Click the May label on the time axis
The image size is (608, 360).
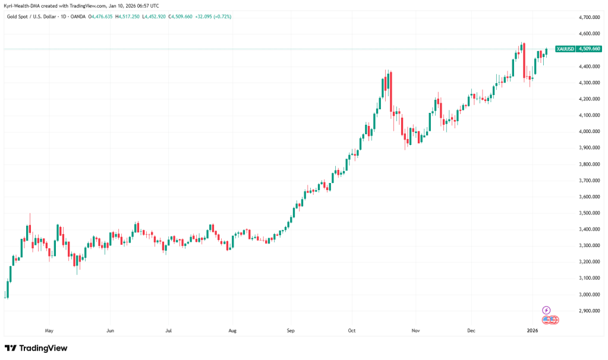tap(49, 330)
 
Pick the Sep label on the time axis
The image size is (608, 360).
tap(290, 330)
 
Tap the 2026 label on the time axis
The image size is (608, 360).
tap(533, 330)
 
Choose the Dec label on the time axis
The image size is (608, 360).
tap(471, 330)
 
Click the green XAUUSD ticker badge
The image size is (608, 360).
tap(563, 49)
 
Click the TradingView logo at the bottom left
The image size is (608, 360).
tap(36, 348)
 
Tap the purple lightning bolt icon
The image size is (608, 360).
tap(547, 310)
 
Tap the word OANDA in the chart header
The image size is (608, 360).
tap(77, 17)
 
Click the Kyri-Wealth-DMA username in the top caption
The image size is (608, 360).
tap(22, 5)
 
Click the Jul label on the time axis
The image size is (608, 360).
tap(169, 330)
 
